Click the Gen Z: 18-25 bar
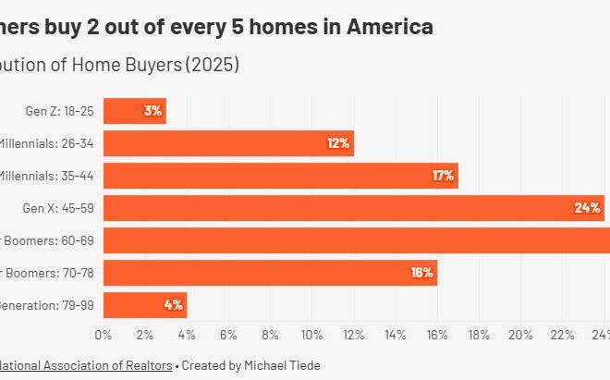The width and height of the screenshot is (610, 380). (134, 111)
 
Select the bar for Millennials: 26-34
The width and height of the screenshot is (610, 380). (228, 143)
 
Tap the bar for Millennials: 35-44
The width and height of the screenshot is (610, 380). (280, 176)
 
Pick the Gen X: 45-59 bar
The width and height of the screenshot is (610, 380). (353, 208)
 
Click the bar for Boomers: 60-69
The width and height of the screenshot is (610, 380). (356, 240)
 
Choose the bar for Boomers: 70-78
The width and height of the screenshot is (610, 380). (270, 273)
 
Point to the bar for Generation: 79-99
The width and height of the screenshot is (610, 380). (145, 305)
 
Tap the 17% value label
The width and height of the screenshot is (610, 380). (443, 176)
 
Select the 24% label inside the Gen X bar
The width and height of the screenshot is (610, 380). (587, 208)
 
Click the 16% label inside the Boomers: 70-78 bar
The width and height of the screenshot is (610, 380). (421, 273)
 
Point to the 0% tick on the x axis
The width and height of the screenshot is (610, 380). (104, 334)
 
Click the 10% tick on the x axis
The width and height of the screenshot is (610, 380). (311, 334)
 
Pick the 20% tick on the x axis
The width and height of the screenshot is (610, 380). (520, 334)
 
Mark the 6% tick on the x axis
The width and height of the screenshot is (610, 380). (228, 334)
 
